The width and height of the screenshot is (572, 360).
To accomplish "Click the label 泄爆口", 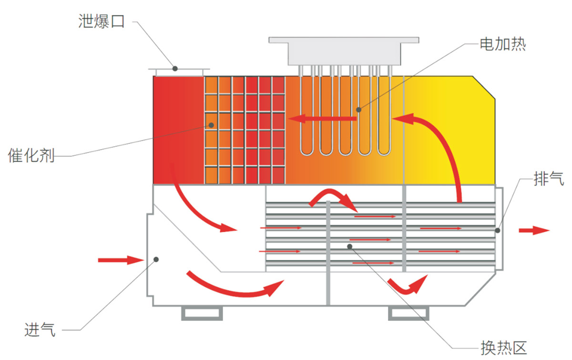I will [101, 21].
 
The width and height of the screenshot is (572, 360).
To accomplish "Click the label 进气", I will [40, 329].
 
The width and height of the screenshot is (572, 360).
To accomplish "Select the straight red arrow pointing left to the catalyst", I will [324, 118].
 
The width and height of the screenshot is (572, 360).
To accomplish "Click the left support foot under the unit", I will [202, 313].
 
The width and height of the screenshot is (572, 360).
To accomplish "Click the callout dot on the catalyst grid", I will [211, 125].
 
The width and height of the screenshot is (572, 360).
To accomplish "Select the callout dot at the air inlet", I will [156, 259].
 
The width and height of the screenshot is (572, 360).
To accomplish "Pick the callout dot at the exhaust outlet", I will [497, 231].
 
